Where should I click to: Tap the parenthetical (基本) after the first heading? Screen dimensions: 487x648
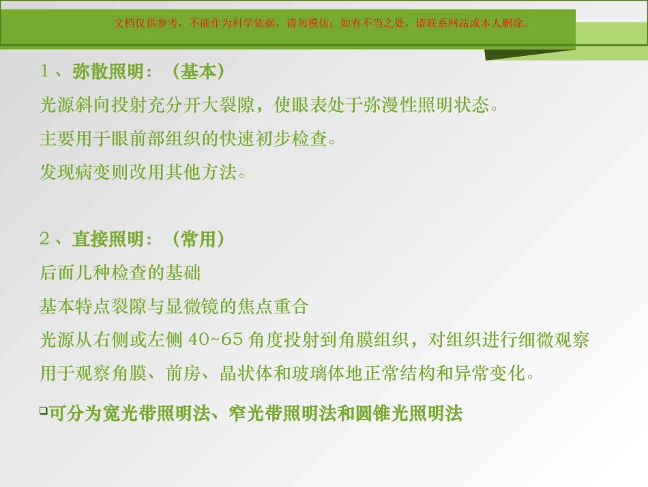coord(197,72)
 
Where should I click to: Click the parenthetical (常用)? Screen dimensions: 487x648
coord(197,239)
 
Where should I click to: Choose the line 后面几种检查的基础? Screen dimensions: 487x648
coord(121,273)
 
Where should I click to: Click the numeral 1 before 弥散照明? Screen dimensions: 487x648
coord(45,72)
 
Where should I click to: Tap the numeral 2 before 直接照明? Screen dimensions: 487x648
coord(45,239)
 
